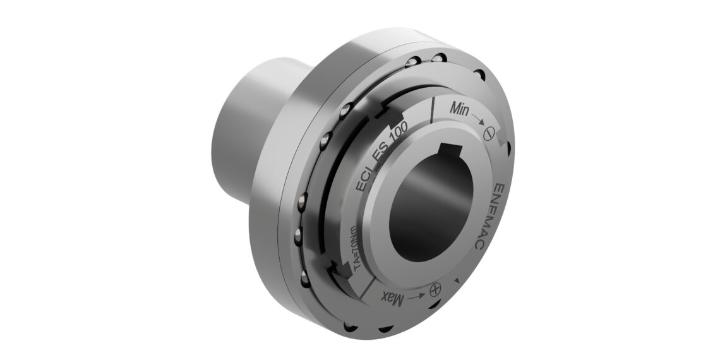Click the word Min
[x=459, y=109]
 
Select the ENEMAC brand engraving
[x=489, y=217]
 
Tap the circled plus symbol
[x=435, y=289]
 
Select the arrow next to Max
[x=416, y=296]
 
